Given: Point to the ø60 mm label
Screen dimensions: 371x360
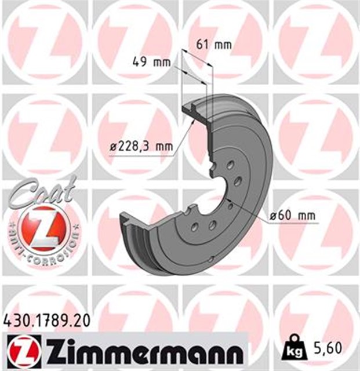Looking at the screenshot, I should pos(294,216).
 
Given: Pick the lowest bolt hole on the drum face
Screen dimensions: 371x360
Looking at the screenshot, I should pos(196,227).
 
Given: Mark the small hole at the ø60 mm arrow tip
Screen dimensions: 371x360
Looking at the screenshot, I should pos(230,204).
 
